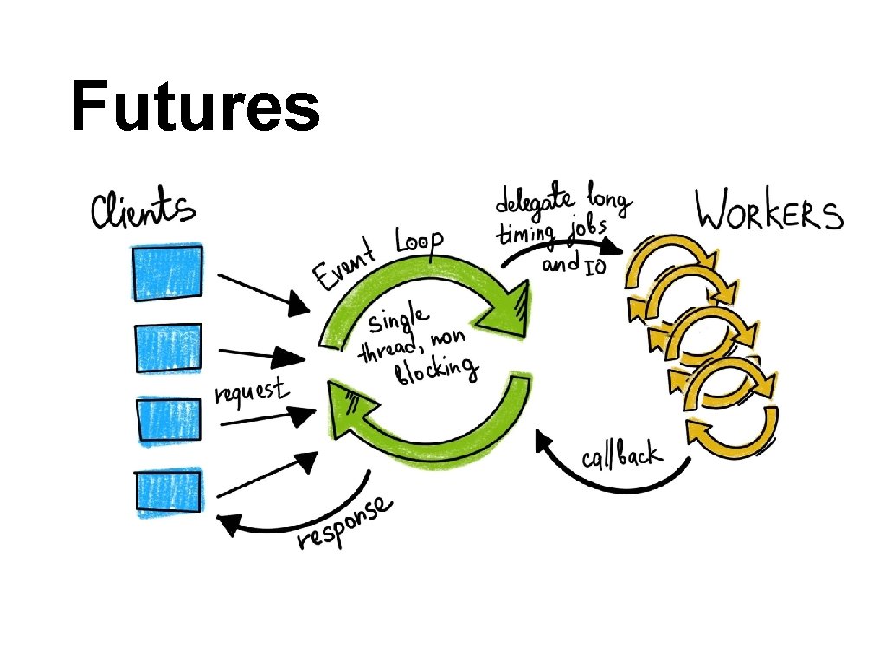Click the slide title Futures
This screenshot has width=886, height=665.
click(196, 107)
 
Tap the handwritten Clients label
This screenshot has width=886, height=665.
click(144, 210)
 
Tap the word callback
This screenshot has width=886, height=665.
click(620, 449)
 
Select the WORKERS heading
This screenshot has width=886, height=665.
click(769, 211)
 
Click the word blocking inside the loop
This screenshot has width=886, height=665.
click(437, 372)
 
